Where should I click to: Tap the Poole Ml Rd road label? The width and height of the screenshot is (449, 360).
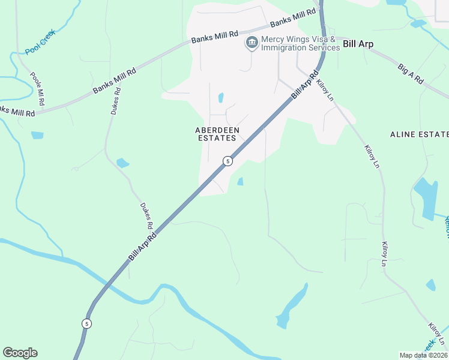pos(37,89)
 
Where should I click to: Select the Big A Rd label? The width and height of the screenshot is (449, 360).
pos(411,73)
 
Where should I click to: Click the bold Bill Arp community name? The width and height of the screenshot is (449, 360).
pos(358,44)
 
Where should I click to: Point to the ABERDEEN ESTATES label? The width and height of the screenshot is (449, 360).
pos(217,134)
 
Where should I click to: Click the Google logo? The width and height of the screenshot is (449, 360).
pos(20,353)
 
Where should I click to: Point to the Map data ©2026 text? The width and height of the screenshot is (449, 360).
pos(423,355)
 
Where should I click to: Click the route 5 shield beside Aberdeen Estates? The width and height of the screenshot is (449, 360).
pos(228,161)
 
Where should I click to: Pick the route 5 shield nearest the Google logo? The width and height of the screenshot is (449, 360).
pos(87,323)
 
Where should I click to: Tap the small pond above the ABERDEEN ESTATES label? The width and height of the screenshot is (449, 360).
pos(221,97)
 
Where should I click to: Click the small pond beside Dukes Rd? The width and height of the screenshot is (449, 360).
pos(122,163)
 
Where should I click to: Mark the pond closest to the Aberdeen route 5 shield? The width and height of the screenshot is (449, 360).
pos(240,181)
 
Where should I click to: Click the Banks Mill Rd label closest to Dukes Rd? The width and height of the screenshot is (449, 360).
pos(114,80)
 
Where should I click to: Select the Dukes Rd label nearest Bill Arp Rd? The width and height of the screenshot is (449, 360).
pos(146,216)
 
